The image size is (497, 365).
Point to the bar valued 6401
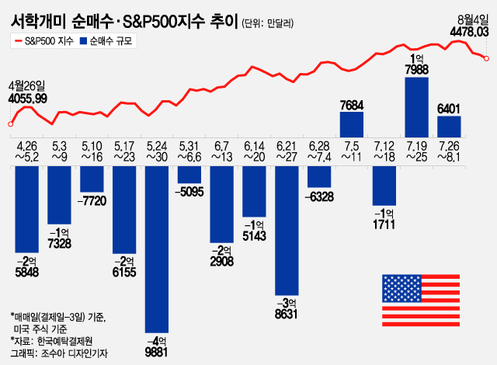[450, 127]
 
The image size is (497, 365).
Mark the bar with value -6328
[320, 177]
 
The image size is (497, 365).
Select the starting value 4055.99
[28, 99]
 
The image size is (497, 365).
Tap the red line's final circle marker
[486, 57]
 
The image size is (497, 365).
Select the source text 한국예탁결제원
[66, 342]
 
